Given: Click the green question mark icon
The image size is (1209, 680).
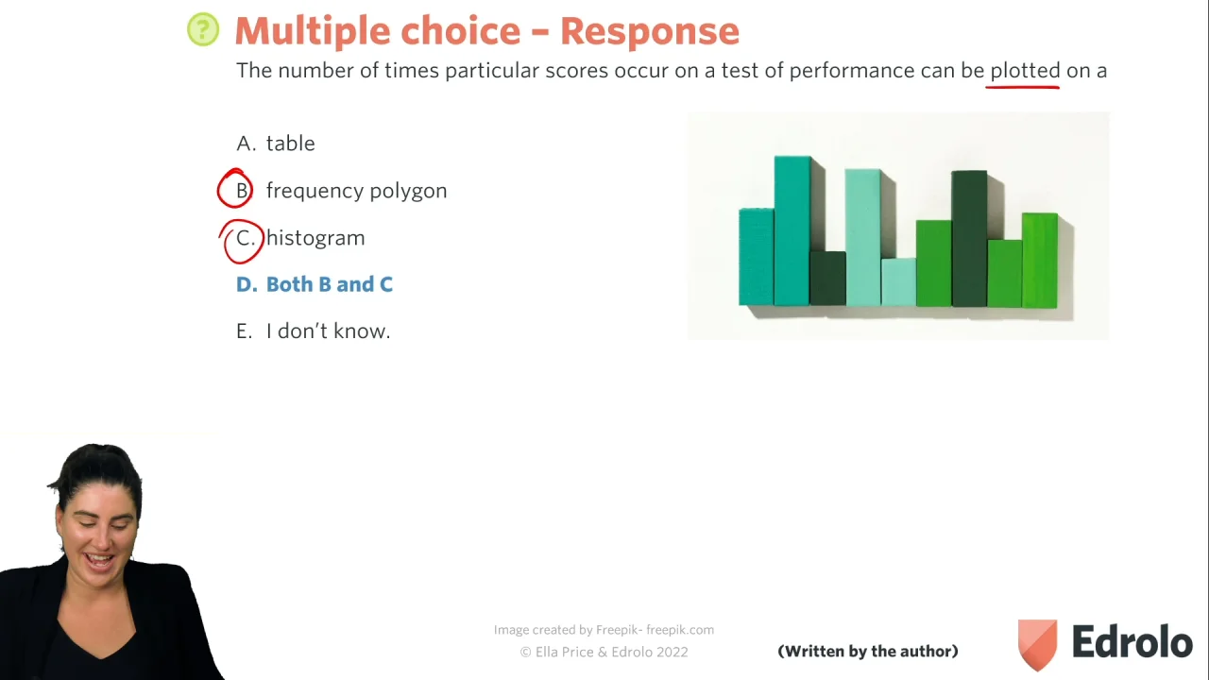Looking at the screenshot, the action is [203, 29].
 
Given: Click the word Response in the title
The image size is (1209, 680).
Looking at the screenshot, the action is [650, 31].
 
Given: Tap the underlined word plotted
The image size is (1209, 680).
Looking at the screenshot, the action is [1025, 70].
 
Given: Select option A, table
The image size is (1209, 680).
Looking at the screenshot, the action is [275, 143].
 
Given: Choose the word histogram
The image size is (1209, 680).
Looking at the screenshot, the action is [315, 238].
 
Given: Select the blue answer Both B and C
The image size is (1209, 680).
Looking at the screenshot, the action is [315, 284].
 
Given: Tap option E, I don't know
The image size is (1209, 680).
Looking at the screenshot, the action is [313, 331].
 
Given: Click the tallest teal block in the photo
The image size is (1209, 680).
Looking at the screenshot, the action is [792, 231].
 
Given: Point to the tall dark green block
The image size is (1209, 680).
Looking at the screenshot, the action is [969, 239].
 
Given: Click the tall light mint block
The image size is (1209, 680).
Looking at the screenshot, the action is [862, 237].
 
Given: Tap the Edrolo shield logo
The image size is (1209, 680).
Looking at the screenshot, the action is [1037, 644].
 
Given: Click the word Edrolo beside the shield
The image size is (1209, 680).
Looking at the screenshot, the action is [1132, 641].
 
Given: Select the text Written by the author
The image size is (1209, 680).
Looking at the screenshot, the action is [868, 651].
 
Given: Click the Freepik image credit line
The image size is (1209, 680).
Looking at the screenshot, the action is [604, 630].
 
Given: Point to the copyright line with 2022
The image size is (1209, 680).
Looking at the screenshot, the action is [604, 652].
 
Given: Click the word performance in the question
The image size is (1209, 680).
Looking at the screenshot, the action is [852, 71].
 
